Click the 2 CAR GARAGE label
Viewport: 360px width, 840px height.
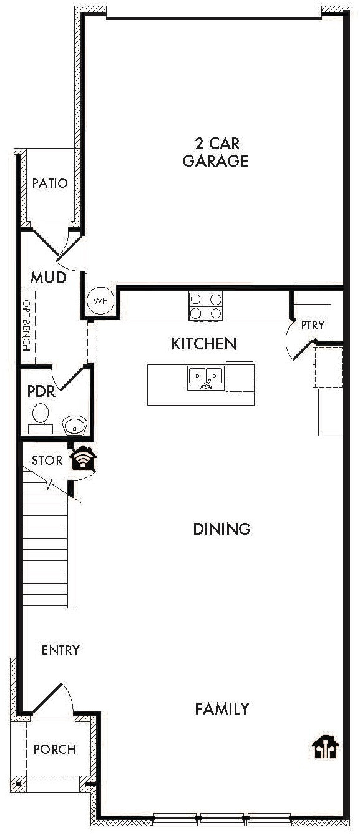tap(215, 152)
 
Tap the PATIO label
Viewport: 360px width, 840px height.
tap(49, 183)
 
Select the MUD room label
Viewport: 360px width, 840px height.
tap(49, 277)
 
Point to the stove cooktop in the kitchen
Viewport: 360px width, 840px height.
tap(206, 306)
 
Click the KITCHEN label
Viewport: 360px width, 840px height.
tap(203, 343)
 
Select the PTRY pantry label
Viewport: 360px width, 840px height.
tap(312, 325)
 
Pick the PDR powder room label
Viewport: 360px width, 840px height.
tap(41, 392)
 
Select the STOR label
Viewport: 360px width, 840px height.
tap(47, 461)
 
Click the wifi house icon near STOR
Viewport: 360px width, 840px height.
tap(83, 459)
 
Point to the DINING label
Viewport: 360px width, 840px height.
tap(221, 529)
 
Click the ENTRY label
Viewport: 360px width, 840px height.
tap(61, 650)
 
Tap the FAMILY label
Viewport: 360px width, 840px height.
tap(221, 709)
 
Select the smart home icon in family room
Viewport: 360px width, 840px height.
tap(325, 746)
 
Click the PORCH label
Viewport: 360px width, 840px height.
tap(54, 749)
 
